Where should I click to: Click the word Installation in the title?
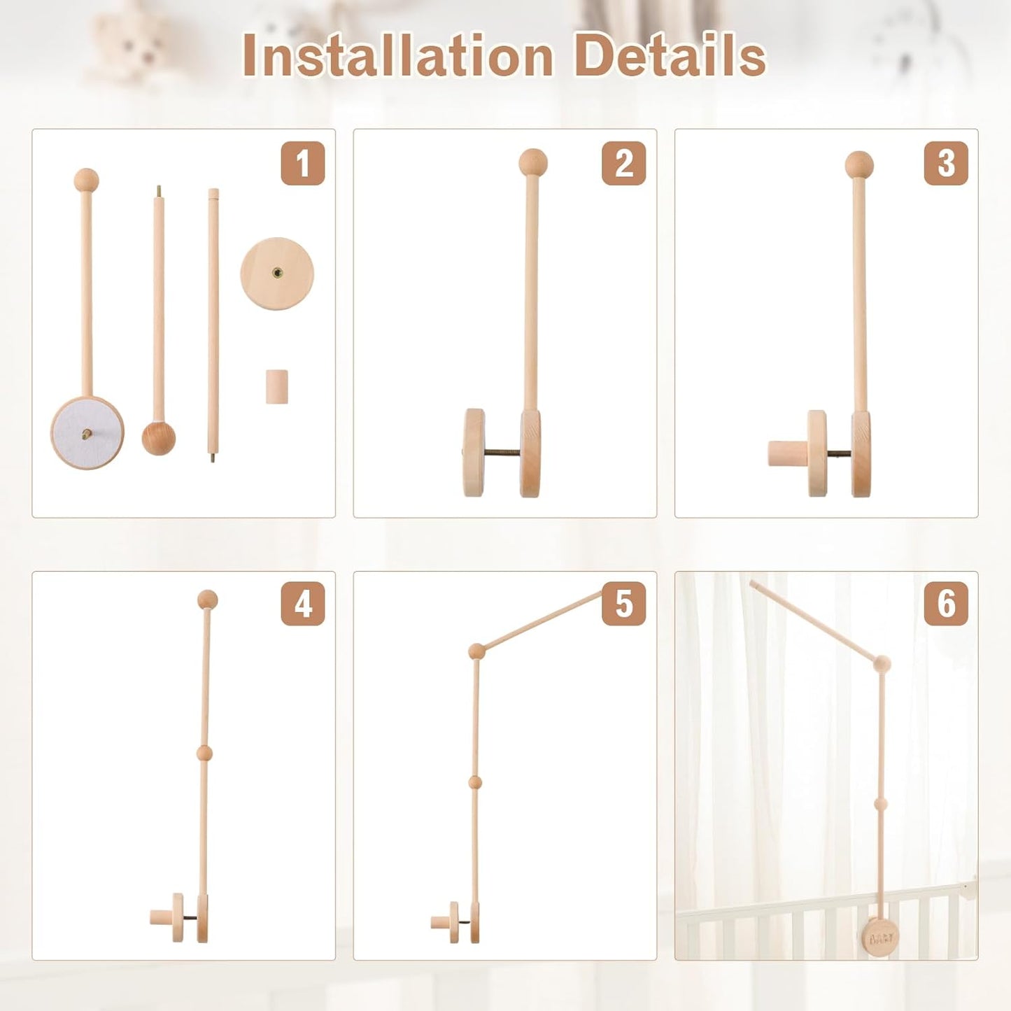pyautogui.click(x=397, y=56)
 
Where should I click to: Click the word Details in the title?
pyautogui.click(x=670, y=56)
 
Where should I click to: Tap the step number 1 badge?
pyautogui.click(x=302, y=163)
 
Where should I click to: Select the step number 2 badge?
pyautogui.click(x=623, y=163)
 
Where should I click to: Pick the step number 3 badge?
pyautogui.click(x=945, y=163)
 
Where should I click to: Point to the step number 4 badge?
pyautogui.click(x=302, y=603)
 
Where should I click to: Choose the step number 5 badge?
pyautogui.click(x=623, y=603)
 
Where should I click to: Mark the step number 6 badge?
pyautogui.click(x=945, y=603)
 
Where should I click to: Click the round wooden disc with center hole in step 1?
pyautogui.click(x=277, y=274)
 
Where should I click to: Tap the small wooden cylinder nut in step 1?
pyautogui.click(x=277, y=386)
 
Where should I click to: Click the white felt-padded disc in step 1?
pyautogui.click(x=87, y=433)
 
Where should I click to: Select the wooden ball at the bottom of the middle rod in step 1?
pyautogui.click(x=159, y=438)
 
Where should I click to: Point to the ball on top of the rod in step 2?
pyautogui.click(x=532, y=162)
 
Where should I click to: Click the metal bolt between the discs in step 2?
pyautogui.click(x=502, y=453)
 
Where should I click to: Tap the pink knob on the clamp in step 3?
pyautogui.click(x=787, y=453)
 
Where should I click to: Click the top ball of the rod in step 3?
pyautogui.click(x=859, y=165)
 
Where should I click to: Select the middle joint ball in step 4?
pyautogui.click(x=204, y=753)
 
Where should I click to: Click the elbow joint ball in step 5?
pyautogui.click(x=476, y=651)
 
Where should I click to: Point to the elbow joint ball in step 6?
pyautogui.click(x=882, y=664)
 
